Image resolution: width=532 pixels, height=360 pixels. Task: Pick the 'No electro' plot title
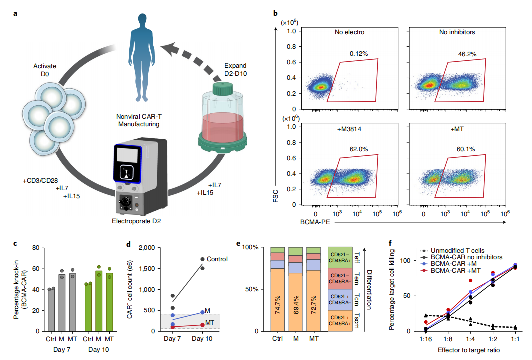point(350,33)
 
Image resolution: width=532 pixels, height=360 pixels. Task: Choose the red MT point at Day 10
point(202,325)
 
